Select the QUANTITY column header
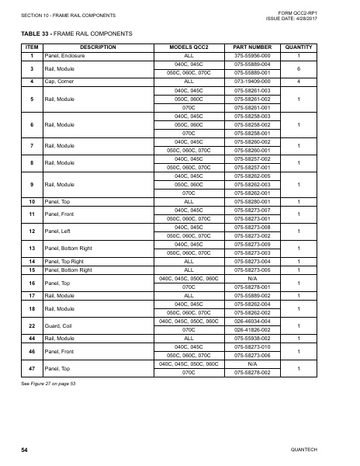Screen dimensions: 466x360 299,47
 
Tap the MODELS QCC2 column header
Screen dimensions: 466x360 188,47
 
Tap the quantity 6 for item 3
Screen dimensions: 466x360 299,68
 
